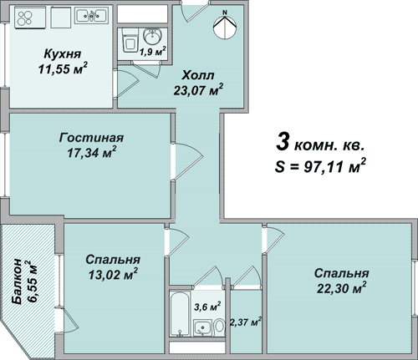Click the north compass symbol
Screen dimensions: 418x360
pos(225,27)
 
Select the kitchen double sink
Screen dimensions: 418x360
pos(92,15)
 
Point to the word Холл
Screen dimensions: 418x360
pos(198,75)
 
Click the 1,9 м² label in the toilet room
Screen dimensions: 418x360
pos(153,52)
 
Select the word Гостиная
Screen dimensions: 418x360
pos(91,138)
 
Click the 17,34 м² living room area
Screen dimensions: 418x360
pos(92,153)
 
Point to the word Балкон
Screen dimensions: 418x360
pos(17,281)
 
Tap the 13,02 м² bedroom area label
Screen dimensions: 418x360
pos(113,274)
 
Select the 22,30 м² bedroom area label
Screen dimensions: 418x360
pos(341,288)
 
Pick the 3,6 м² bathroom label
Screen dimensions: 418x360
pos(207,307)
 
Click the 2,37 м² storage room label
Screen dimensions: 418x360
pos(246,322)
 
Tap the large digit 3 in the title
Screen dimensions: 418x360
pos(283,141)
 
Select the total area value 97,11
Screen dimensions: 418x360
pos(323,167)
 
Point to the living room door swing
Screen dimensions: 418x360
pos(189,160)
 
